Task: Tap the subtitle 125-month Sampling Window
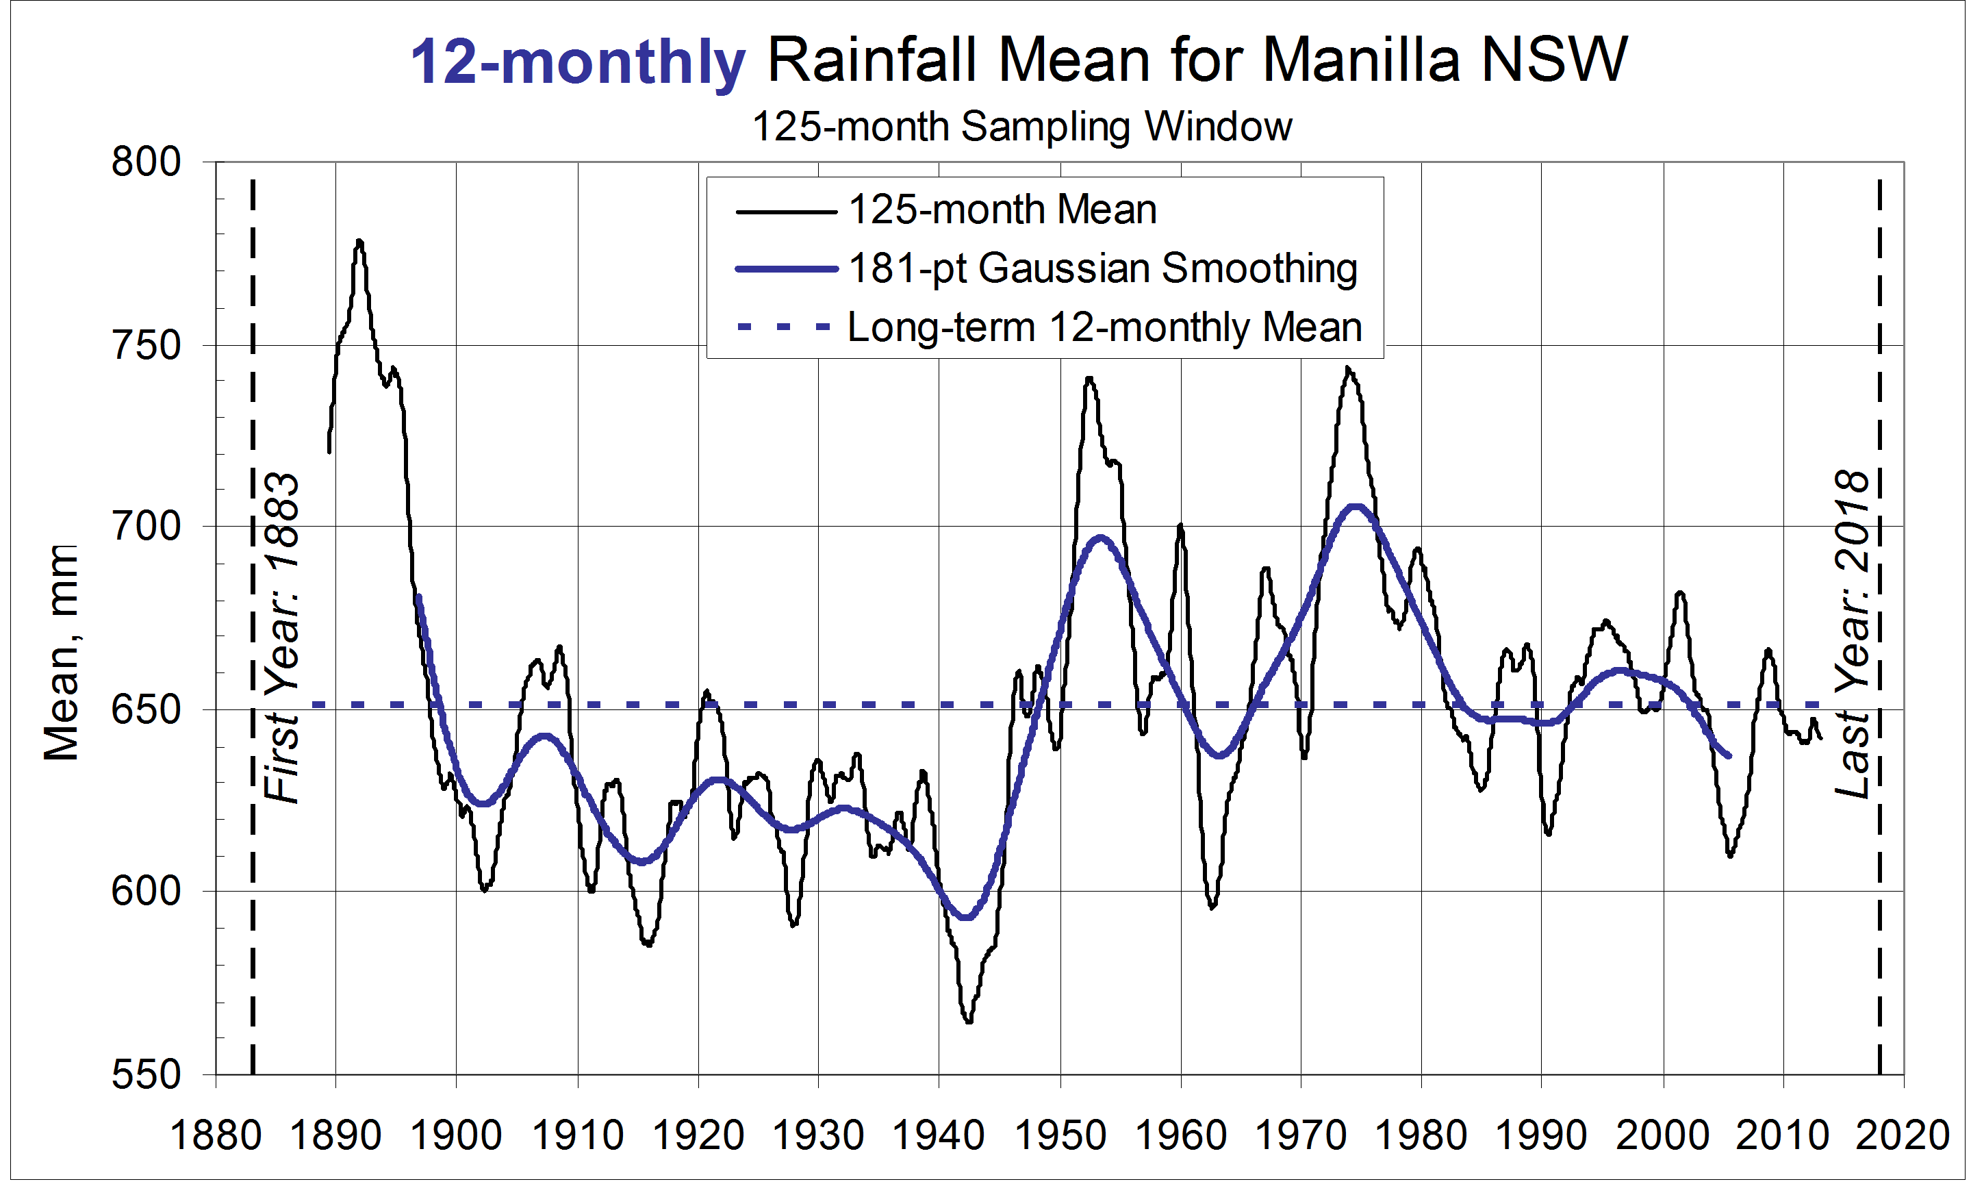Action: click(x=1021, y=127)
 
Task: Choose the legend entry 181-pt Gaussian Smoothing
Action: click(x=1102, y=269)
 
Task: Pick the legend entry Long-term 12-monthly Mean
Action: click(x=1104, y=327)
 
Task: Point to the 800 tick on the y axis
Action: click(x=147, y=162)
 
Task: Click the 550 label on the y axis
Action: click(x=147, y=1074)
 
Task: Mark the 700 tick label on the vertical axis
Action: click(x=147, y=527)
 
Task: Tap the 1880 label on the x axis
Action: click(x=216, y=1135)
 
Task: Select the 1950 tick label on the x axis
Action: click(x=1060, y=1135)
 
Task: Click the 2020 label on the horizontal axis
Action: click(x=1903, y=1135)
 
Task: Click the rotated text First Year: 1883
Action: click(x=281, y=638)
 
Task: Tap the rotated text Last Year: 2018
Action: click(x=1851, y=634)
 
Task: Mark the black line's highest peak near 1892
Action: click(x=359, y=241)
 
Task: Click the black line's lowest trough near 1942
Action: click(x=968, y=1021)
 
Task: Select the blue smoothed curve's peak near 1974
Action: click(x=1354, y=506)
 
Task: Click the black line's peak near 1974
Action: click(x=1348, y=368)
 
